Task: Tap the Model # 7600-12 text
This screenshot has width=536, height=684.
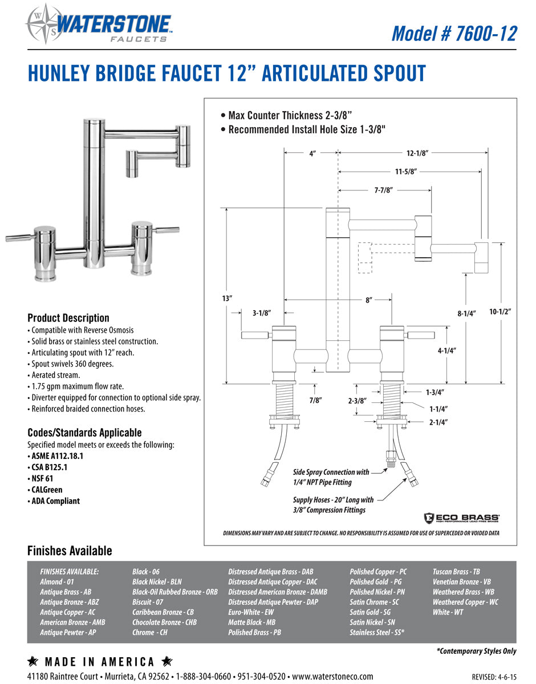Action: tap(454, 34)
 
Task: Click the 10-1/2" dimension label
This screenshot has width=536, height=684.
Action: tap(500, 312)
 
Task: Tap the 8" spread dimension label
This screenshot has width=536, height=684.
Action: tap(369, 299)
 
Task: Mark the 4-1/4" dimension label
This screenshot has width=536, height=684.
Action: tap(447, 351)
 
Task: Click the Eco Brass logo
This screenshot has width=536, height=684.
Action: tap(462, 518)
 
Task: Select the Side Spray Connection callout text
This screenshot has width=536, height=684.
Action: tap(331, 477)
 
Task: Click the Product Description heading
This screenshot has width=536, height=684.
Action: tap(68, 318)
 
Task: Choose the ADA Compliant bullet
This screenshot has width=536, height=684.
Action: tap(54, 501)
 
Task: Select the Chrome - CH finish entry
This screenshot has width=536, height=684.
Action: tap(150, 632)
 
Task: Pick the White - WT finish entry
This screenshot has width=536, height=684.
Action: tap(448, 612)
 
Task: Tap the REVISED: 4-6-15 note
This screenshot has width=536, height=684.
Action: tap(494, 677)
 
